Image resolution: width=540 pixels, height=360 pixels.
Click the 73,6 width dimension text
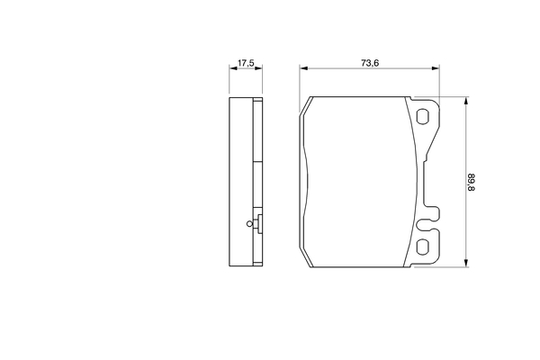point(368,62)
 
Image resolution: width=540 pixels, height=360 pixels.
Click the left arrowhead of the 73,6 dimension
point(304,68)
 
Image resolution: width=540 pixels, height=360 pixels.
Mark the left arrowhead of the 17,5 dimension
point(232,68)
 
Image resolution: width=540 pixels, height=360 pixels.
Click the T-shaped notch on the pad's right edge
point(431,215)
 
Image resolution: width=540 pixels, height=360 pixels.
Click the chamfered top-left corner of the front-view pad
point(306,106)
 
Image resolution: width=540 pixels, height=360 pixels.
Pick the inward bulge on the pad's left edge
point(306,180)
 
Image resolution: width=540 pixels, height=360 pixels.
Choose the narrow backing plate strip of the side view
point(260,180)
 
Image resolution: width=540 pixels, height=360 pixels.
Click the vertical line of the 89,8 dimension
point(464,144)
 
